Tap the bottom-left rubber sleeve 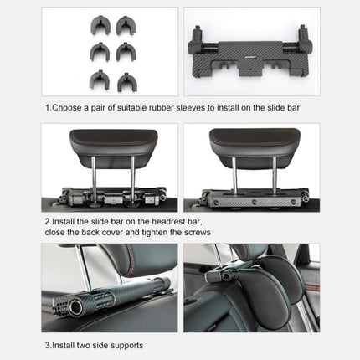coord(94,82)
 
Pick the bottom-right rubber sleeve coord(125,82)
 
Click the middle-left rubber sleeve coord(94,53)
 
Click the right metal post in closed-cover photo coord(272,177)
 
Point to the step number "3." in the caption coord(49,344)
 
